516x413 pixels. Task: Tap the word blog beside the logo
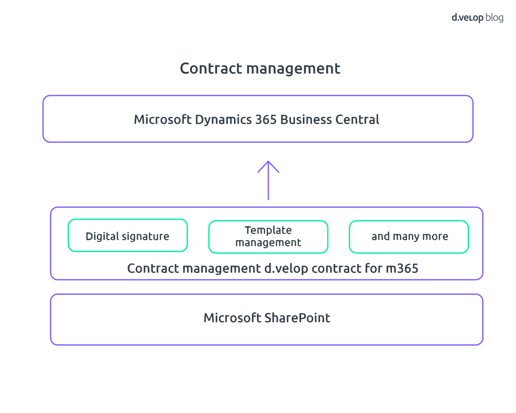(x=494, y=18)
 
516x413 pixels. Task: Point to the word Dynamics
(x=223, y=120)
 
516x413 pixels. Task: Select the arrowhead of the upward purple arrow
(x=268, y=165)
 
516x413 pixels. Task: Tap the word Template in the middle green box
(x=268, y=230)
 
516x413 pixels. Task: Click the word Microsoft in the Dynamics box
(x=163, y=120)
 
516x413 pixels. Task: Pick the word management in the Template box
(x=268, y=243)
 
